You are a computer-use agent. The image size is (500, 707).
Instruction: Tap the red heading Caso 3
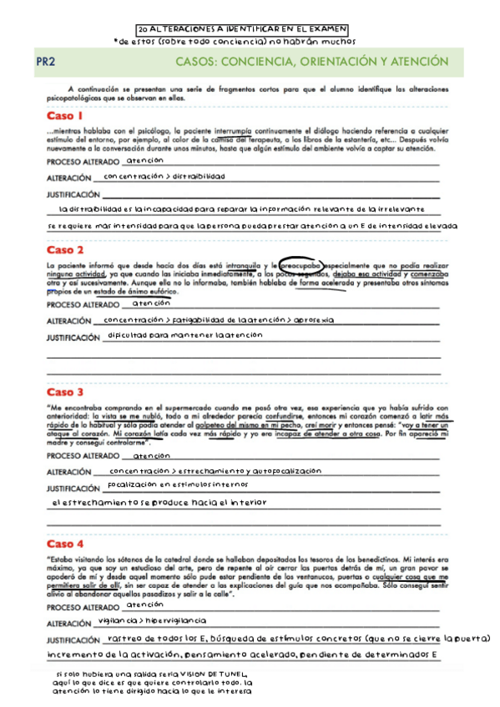point(65,392)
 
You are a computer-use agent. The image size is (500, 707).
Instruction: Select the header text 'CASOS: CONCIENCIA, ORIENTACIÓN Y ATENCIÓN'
point(311,62)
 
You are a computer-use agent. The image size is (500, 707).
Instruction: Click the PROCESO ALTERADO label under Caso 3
point(83,457)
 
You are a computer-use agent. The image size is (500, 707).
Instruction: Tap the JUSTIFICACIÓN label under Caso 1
point(73,194)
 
